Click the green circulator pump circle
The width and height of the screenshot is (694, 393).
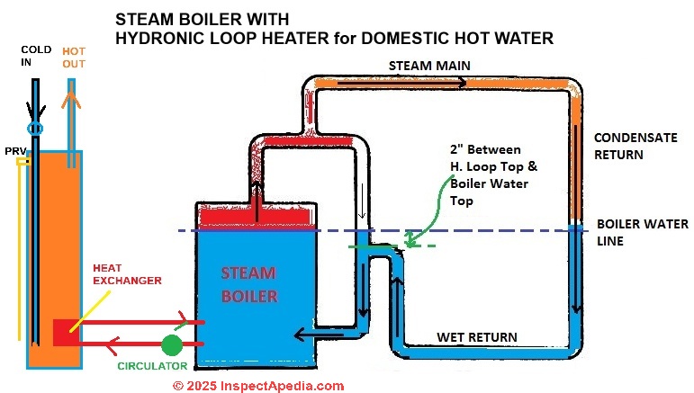pos(172,344)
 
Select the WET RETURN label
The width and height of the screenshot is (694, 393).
pos(476,337)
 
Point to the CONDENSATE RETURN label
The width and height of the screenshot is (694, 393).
pos(629,146)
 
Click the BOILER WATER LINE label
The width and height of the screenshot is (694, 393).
pos(630,232)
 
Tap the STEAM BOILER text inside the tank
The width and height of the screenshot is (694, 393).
pos(247,283)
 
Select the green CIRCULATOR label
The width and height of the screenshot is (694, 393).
pos(152,366)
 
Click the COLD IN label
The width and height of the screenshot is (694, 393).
pos(35,58)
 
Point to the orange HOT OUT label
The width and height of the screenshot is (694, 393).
pos(74,58)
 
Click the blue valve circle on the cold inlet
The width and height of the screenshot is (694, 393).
pos(36,130)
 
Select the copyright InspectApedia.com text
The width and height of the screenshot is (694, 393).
pos(257,385)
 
